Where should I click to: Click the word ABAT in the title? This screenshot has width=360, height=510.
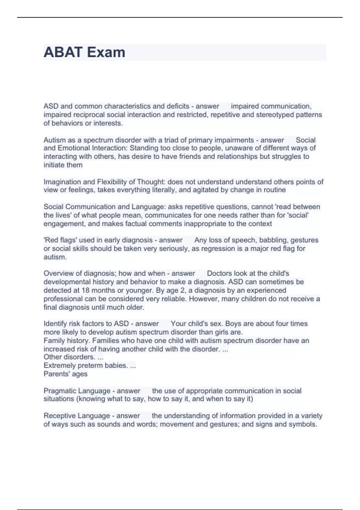(63, 52)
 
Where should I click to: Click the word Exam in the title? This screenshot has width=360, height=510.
(106, 52)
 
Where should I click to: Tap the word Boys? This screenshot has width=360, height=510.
(233, 324)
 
